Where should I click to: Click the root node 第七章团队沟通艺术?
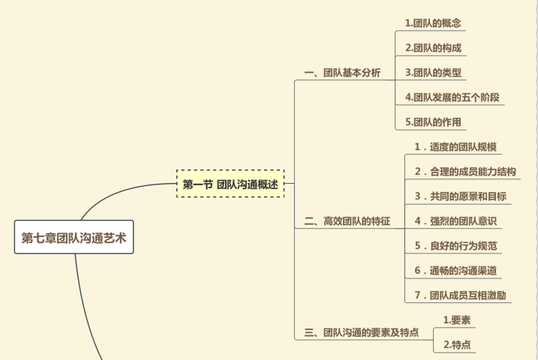(x=74, y=238)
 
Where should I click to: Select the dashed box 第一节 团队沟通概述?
(x=230, y=184)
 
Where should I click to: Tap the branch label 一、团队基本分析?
(x=342, y=73)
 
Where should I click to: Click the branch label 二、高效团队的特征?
(x=347, y=222)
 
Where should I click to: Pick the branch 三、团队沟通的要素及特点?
(x=361, y=332)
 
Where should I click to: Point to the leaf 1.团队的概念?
(x=433, y=23)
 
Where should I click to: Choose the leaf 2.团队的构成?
(x=433, y=48)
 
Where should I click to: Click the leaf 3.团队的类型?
(x=433, y=73)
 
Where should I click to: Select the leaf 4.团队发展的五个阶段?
(x=452, y=97)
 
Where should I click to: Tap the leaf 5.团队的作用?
(x=433, y=122)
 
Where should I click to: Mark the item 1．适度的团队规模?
(x=455, y=147)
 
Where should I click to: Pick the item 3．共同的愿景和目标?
(x=460, y=196)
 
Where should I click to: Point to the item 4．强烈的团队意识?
(x=455, y=221)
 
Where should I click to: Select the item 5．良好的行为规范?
(x=455, y=246)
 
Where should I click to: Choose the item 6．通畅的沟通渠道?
(x=455, y=271)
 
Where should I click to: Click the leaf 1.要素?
(x=457, y=320)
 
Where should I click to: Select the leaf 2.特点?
(x=457, y=345)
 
